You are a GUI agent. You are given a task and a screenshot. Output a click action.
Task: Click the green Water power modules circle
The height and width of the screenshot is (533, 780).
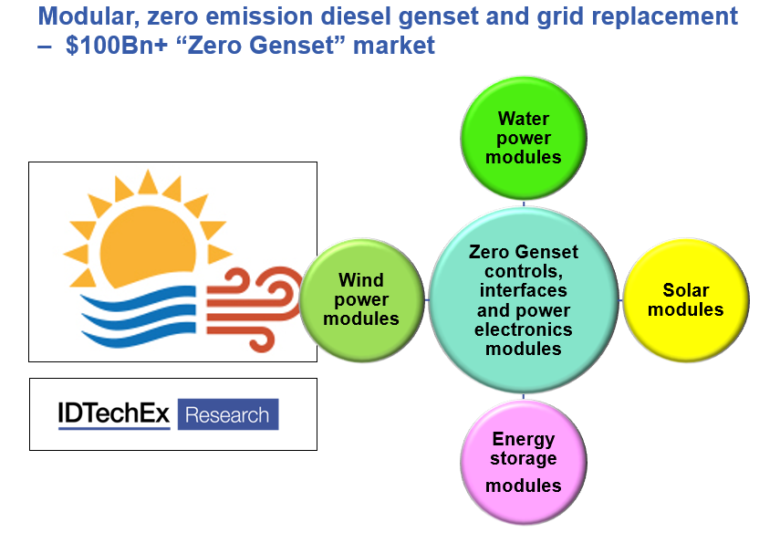click(x=524, y=138)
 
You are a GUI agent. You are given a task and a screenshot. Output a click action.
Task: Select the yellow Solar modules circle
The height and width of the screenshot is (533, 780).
click(x=686, y=300)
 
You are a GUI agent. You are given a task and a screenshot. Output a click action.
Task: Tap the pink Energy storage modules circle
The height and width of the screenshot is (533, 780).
click(x=524, y=463)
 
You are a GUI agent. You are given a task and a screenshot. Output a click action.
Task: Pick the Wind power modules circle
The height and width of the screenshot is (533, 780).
click(x=361, y=300)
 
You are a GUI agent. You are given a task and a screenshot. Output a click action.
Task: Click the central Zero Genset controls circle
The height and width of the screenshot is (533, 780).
click(x=524, y=300)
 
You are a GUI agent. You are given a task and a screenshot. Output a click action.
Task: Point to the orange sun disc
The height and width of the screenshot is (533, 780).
click(x=148, y=246)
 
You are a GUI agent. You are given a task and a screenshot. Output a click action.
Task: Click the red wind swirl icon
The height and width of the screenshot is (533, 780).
click(x=255, y=308)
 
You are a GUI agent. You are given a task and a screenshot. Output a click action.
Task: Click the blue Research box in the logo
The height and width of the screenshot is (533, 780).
click(x=228, y=414)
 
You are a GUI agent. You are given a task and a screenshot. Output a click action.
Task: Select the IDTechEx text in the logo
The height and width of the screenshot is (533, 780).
click(x=114, y=414)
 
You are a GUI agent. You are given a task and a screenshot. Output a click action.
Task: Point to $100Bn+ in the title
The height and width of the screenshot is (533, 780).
click(x=117, y=46)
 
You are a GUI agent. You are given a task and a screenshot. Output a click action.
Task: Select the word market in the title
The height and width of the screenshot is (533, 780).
click(x=394, y=46)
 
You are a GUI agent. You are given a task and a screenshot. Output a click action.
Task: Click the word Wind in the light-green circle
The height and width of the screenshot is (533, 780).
click(x=361, y=279)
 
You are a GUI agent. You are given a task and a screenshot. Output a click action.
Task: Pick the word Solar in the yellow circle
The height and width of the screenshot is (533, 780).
click(x=685, y=289)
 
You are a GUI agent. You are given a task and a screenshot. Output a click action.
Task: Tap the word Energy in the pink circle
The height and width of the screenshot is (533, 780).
click(x=524, y=440)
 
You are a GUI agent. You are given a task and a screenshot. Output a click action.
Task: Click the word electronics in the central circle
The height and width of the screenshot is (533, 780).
click(x=524, y=329)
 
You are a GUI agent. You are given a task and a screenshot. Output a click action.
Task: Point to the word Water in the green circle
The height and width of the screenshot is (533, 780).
click(x=524, y=119)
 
